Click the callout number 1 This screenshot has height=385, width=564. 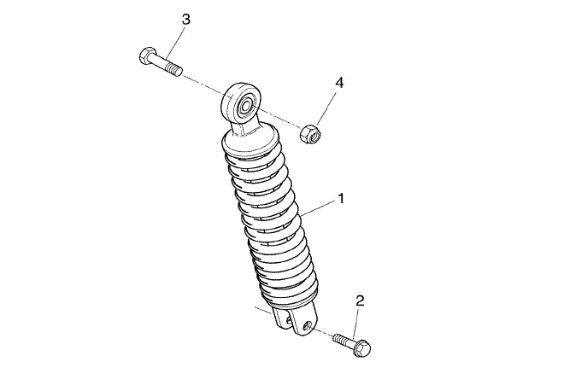341,198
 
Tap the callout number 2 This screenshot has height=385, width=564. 360,300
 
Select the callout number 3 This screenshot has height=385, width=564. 185,20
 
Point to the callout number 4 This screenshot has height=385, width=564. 339,83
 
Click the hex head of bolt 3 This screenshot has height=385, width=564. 147,56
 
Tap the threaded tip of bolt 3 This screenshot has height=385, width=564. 173,68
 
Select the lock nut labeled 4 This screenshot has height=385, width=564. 310,134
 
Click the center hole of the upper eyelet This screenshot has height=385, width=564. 246,107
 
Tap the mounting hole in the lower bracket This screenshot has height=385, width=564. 307,326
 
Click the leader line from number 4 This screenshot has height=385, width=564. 326,108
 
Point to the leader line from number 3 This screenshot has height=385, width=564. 176,42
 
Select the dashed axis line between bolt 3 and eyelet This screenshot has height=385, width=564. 203,85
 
